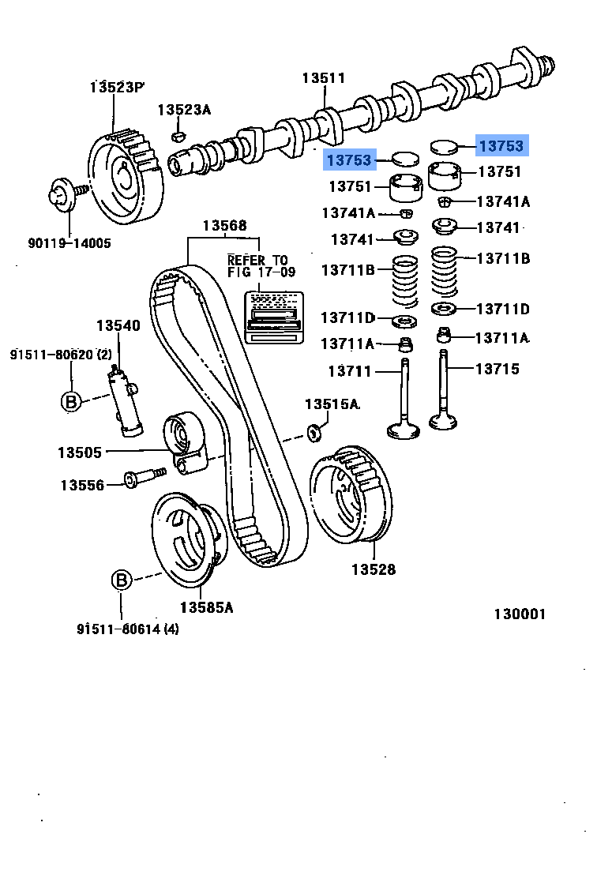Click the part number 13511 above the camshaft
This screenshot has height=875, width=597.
(324, 77)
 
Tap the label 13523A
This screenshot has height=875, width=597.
(184, 110)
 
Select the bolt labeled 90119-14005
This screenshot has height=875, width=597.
(61, 193)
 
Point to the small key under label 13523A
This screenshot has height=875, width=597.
(179, 136)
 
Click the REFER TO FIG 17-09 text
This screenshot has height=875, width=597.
(257, 266)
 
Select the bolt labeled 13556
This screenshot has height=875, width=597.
(143, 478)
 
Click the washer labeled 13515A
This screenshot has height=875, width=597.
(314, 431)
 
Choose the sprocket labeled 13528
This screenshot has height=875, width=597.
(349, 498)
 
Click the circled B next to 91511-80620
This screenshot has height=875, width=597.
(71, 401)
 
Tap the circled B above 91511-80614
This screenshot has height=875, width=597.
(120, 581)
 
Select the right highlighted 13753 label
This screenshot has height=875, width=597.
(501, 146)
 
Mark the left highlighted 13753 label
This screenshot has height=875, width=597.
(348, 160)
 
